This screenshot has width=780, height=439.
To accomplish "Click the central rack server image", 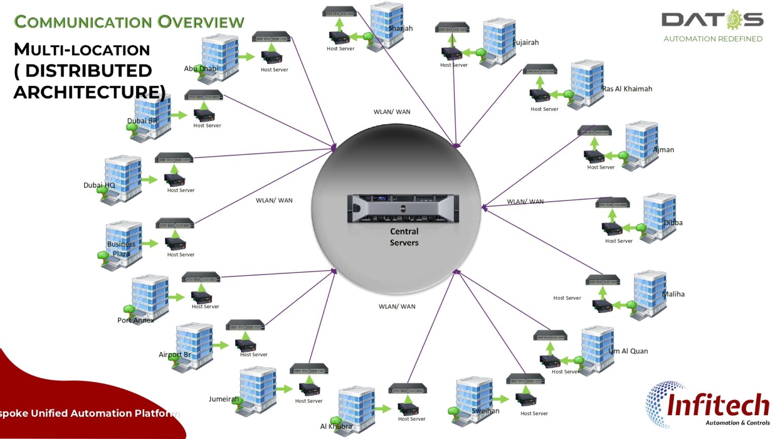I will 403,208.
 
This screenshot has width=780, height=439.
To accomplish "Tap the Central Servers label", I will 404,237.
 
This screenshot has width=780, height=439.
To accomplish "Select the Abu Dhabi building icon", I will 220,57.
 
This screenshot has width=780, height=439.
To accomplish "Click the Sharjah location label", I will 401,28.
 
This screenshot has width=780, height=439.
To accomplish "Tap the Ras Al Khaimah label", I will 627,89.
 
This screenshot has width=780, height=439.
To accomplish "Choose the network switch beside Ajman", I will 594,131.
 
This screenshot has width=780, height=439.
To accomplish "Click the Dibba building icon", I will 659,216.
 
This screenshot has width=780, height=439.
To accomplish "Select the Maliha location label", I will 673,294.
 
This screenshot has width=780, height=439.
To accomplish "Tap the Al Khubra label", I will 336,426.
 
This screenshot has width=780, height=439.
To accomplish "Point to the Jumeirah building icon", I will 257,390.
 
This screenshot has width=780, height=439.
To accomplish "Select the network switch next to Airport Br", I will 245,325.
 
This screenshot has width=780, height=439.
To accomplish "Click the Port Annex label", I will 136,320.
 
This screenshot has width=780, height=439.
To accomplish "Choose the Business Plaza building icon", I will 123,244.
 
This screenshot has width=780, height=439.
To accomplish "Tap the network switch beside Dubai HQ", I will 174,158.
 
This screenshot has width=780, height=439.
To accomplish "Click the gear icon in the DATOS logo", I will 734,20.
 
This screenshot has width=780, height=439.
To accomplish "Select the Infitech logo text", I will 718,405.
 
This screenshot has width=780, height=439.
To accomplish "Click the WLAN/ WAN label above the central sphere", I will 392,112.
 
